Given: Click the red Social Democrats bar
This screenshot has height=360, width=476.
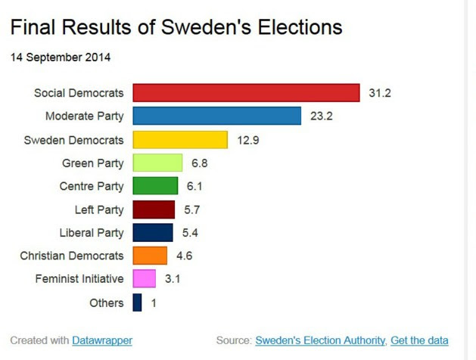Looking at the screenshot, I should [x=246, y=93].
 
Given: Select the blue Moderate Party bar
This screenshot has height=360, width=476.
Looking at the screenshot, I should [x=217, y=116].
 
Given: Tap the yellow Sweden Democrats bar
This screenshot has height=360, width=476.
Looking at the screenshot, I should [x=180, y=140].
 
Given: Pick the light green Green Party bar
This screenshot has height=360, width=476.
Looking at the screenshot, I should [x=157, y=163].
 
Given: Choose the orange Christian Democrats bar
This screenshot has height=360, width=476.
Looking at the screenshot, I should [x=150, y=256].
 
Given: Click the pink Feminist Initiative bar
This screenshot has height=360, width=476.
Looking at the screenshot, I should [x=144, y=279].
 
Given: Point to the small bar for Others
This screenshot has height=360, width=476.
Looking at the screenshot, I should [x=137, y=303].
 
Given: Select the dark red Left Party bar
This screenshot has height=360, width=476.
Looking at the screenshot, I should [x=154, y=209].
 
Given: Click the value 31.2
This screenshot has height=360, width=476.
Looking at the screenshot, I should [x=380, y=93].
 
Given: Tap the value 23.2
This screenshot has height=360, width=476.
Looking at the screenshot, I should [x=322, y=116].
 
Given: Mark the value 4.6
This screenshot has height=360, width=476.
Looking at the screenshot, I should [x=184, y=256].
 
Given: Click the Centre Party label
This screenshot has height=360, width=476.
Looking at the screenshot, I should [x=92, y=186].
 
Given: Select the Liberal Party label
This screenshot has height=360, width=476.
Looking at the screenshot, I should [x=92, y=233].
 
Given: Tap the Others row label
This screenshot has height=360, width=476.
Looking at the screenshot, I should [x=106, y=303].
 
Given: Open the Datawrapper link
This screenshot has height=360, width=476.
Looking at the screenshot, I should [x=102, y=340].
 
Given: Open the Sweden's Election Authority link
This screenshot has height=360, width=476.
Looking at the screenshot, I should [x=321, y=340].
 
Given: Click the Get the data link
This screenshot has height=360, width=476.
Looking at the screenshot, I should [x=419, y=340].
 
